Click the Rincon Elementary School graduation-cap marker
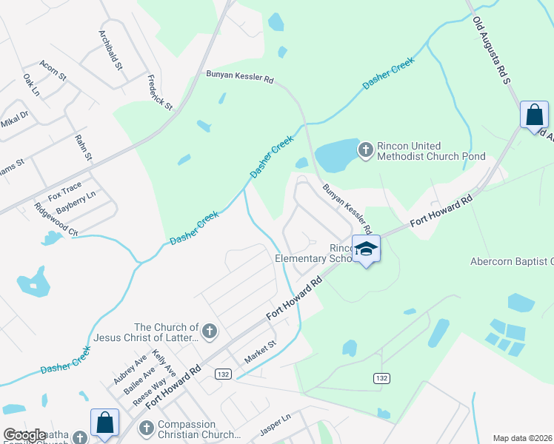click(x=366, y=249)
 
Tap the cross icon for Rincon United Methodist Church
click(x=365, y=151)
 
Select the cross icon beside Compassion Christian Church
click(x=146, y=428)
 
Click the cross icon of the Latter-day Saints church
click(x=210, y=332)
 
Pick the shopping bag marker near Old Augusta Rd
click(x=533, y=115)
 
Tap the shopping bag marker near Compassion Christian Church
click(x=104, y=423)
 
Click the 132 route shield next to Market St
click(x=223, y=374)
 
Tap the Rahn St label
click(x=83, y=147)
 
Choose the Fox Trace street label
click(x=64, y=192)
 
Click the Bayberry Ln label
click(x=76, y=203)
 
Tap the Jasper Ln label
click(x=276, y=428)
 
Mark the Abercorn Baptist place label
click(x=512, y=261)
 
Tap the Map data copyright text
click(x=523, y=438)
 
